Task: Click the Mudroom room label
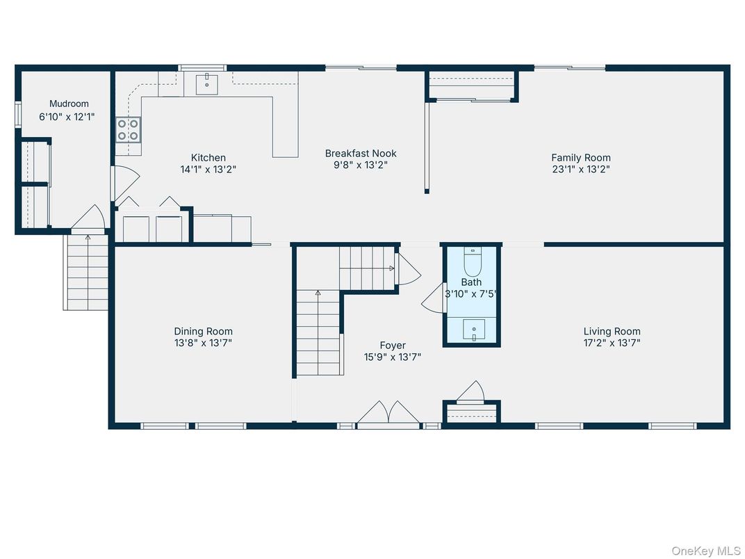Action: [69, 104]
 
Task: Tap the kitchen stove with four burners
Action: [129, 130]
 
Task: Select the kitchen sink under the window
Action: [207, 84]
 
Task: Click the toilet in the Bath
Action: [473, 262]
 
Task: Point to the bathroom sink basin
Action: [474, 330]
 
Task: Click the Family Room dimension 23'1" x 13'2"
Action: [580, 169]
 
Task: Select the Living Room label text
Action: [612, 332]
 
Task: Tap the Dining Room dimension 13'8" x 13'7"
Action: [203, 343]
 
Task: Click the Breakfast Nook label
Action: [361, 154]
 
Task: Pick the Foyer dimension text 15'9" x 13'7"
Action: [393, 357]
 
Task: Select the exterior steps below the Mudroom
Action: [86, 273]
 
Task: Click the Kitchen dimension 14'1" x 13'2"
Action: [208, 169]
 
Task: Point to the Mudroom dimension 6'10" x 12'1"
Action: [67, 117]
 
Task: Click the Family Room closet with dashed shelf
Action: [472, 85]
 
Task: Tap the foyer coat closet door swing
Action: [470, 391]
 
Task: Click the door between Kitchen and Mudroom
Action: [124, 183]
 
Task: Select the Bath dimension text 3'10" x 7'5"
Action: [471, 294]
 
